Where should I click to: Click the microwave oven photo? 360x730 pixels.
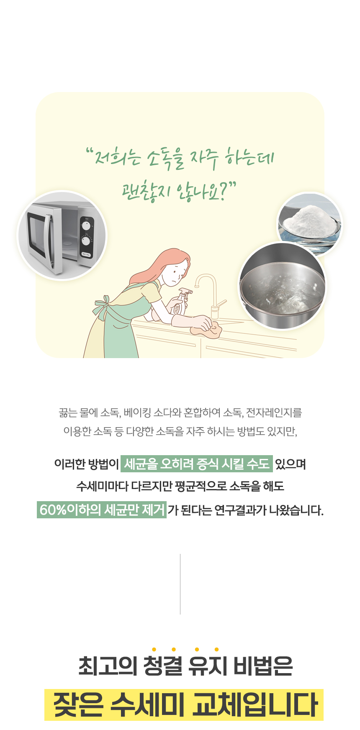(x=62, y=236)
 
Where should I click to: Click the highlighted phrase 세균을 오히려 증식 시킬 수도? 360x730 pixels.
(x=197, y=464)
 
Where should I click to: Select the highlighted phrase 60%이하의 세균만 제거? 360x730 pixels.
(x=102, y=510)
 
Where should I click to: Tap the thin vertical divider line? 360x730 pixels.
(x=180, y=584)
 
